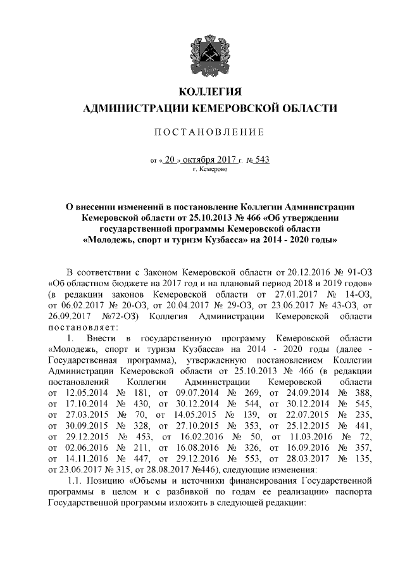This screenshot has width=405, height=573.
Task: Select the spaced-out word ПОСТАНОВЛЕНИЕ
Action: (x=202, y=132)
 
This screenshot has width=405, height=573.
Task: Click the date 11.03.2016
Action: (x=306, y=438)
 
